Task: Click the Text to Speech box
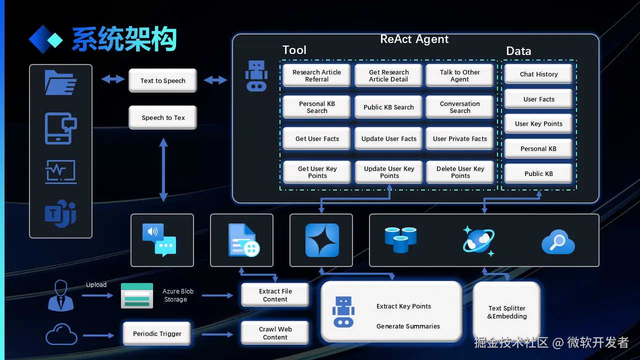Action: tap(162, 80)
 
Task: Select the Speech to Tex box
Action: tap(163, 117)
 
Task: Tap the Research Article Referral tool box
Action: tap(316, 75)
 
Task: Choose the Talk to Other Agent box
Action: tap(459, 75)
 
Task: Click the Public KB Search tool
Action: tap(388, 107)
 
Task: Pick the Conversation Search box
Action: tap(459, 107)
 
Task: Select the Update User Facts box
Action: tap(388, 138)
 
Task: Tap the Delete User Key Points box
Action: tap(460, 172)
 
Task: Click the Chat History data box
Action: tap(538, 74)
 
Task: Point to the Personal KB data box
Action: tap(538, 148)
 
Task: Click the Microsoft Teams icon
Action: tap(60, 213)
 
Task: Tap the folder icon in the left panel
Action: tap(60, 82)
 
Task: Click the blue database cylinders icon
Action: tap(400, 239)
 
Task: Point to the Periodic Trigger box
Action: tap(157, 333)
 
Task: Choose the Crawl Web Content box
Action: tap(275, 333)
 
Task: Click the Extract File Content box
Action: tap(275, 295)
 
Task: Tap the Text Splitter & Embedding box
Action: tap(506, 312)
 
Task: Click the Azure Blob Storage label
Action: tap(177, 295)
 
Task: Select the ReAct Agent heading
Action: tap(414, 39)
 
